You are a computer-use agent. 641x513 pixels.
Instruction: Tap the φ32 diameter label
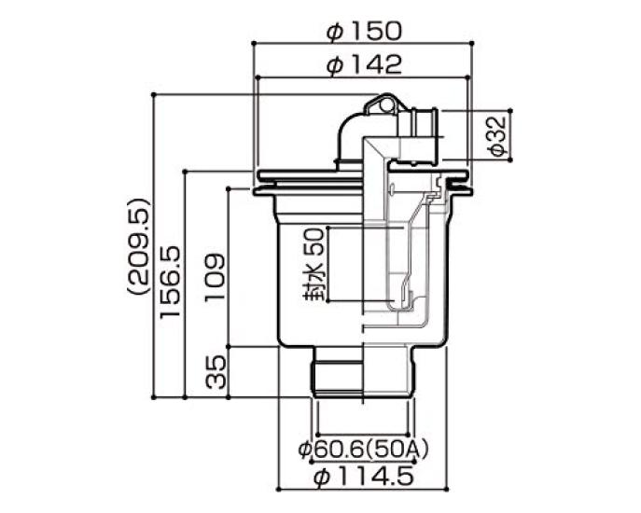(x=497, y=137)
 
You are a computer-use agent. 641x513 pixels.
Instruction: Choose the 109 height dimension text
(x=214, y=276)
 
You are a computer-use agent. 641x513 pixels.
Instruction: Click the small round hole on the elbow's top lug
(x=383, y=102)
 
